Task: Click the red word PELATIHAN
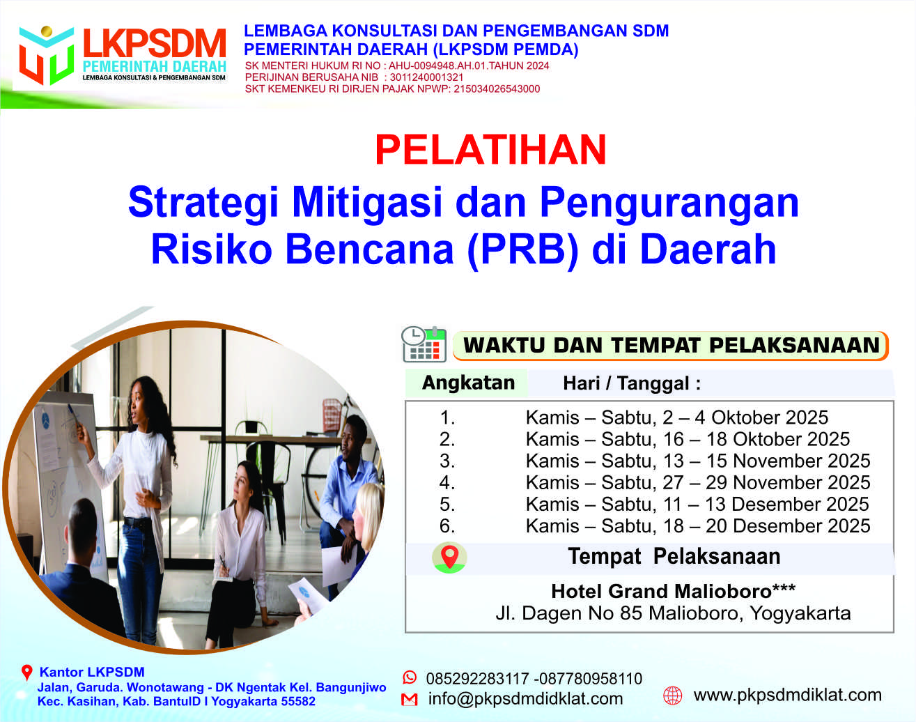pos(490,150)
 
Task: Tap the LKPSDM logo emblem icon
pos(47,55)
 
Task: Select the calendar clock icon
pos(424,344)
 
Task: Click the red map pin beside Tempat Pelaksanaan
pos(449,557)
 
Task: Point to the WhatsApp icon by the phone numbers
pos(410,677)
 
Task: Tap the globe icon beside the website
pos(672,695)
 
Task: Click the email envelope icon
pos(410,700)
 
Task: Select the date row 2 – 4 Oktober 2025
pos(677,417)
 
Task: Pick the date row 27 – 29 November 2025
pos(698,483)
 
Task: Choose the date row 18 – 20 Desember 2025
pos(698,526)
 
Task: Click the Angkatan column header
pos(468,383)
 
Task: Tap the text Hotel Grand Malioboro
pos(661,591)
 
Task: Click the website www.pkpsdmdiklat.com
pos(787,695)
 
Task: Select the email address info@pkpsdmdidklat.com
pos(525,699)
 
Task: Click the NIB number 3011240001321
pos(426,77)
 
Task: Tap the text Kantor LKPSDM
pos(92,672)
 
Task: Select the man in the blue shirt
pos(348,486)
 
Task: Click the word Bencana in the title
pos(369,249)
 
